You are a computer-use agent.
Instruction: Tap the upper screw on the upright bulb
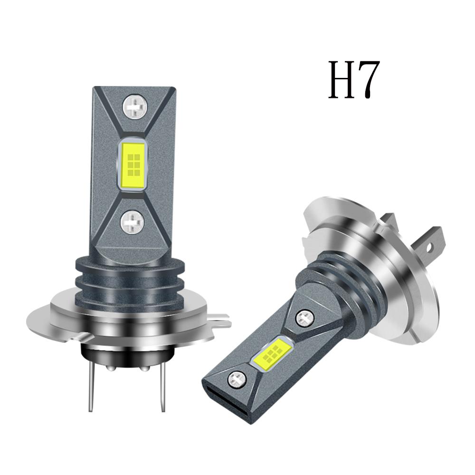pos(133,107)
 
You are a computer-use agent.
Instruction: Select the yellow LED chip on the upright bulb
pos(133,166)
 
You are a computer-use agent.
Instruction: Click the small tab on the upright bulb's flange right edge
pos(220,323)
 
